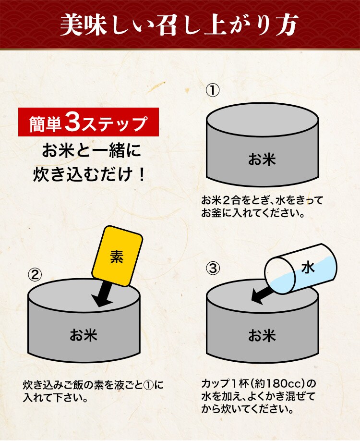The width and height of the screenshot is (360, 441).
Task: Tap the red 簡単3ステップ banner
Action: pos(88,122)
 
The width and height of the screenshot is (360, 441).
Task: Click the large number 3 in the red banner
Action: pos(72,122)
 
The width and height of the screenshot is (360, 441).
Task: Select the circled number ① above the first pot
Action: pos(213,91)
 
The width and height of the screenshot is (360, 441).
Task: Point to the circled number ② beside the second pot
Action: pos(35,275)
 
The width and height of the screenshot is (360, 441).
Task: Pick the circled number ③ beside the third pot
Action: pos(213,269)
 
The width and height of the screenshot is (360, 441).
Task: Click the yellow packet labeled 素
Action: pos(117,256)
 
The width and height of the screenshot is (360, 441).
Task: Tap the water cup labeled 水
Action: pos(300,269)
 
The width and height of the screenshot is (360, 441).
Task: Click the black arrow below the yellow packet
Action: pos(103,294)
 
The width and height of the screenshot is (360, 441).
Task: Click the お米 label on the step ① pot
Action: pos(262,159)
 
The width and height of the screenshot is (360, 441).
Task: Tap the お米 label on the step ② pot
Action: pos(84,335)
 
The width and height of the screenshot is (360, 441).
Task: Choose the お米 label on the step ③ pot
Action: pos(262,335)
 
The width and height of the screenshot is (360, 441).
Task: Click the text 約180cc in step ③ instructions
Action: pos(277,383)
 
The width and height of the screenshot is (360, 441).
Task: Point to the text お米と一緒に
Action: pos(91,151)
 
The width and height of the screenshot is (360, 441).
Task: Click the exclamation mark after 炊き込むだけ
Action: pos(142,175)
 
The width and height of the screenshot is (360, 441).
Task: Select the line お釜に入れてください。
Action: pos(253,213)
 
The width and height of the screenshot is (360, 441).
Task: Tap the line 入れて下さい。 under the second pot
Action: pos(56,397)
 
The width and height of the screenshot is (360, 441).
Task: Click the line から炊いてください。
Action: pos(247,409)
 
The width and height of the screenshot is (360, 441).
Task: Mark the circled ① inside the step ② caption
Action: pos(148,385)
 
